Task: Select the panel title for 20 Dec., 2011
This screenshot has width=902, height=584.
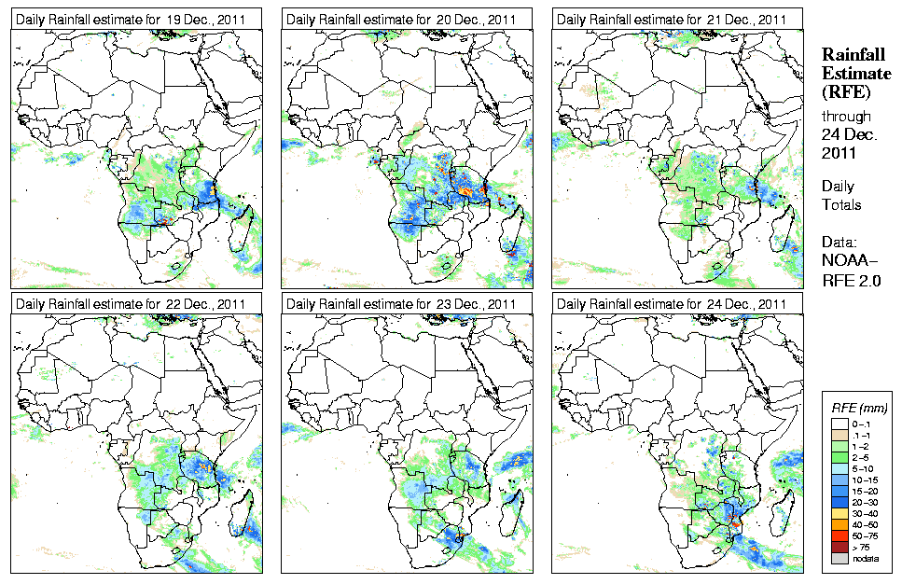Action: (401, 19)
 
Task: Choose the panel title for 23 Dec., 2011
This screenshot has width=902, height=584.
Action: (401, 304)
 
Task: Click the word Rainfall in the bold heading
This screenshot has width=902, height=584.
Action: (853, 55)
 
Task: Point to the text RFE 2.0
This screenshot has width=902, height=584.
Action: (852, 278)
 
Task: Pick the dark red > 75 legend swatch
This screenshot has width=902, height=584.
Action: (839, 546)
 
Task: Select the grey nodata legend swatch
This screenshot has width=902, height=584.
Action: (839, 558)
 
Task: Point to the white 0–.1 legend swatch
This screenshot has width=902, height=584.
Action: (839, 424)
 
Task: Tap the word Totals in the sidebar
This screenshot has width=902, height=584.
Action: (841, 204)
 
